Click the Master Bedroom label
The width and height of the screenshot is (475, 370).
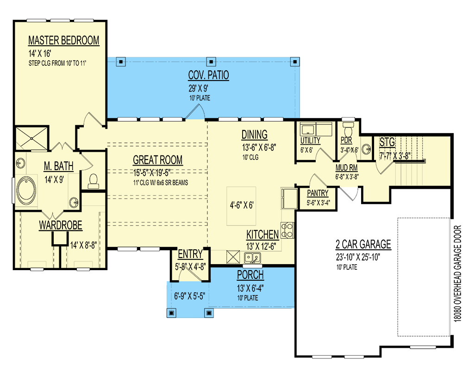63,40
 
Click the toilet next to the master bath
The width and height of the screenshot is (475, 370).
94,180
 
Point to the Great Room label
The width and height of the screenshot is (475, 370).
157,160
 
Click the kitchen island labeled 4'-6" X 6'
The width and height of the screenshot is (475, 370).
241,205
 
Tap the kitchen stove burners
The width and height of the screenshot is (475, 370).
287,230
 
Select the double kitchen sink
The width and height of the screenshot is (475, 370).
252,258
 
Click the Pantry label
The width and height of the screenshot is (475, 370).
317,193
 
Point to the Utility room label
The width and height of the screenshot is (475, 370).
310,141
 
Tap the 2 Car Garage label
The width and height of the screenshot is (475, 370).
363,244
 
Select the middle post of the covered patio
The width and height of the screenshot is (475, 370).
211,61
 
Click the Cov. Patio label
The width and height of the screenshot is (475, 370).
208,75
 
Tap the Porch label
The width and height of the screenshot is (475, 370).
250,275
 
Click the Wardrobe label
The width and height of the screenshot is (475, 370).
60,225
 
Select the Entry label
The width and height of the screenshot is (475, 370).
190,253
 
